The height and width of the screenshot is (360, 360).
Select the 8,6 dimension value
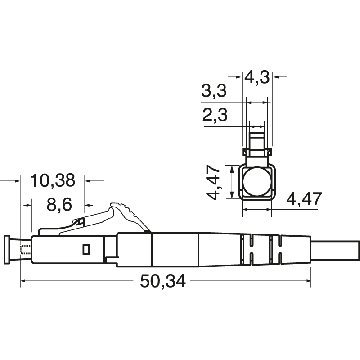(59, 205)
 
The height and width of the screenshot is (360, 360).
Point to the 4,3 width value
(256, 77)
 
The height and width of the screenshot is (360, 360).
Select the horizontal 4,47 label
(304, 198)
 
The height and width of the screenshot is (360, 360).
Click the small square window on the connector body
(86, 248)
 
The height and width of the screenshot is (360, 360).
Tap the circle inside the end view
(257, 183)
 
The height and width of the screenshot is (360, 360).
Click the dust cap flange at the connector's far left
(7, 249)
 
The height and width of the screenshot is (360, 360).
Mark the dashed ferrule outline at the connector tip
(25, 249)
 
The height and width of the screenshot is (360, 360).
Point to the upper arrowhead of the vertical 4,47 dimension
(231, 169)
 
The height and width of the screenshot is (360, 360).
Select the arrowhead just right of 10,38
(89, 181)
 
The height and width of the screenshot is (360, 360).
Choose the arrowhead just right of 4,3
(275, 77)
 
